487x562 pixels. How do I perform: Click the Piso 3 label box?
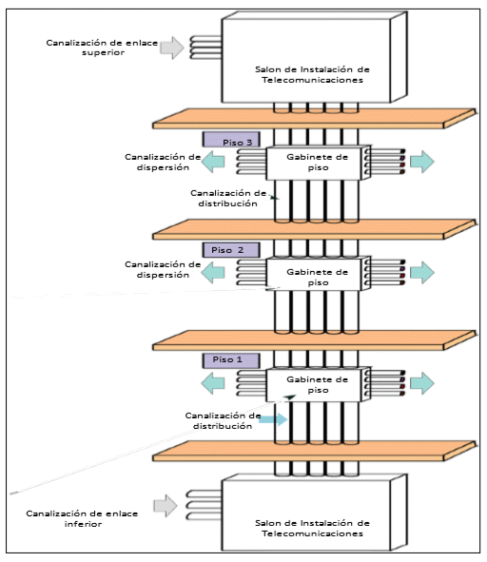point(231,140)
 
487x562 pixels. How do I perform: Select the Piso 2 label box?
point(231,250)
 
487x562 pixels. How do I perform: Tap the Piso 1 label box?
point(231,360)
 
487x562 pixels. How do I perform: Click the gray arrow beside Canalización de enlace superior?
point(172,48)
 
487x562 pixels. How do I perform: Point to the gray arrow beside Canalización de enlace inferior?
point(166,506)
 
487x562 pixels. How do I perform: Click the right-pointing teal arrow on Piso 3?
point(422,162)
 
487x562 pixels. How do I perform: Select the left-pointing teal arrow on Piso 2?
point(213,272)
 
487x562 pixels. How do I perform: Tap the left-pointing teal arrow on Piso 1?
point(213,383)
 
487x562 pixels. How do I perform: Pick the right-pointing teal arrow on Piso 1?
point(422,383)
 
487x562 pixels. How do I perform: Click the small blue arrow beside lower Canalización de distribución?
point(273,419)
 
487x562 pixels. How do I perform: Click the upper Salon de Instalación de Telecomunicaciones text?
point(312,74)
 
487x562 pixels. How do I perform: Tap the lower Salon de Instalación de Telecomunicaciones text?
point(312,528)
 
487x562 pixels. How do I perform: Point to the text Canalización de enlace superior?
point(102,48)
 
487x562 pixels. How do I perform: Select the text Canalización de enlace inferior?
point(82,518)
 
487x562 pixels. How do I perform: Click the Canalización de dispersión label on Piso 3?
point(163,162)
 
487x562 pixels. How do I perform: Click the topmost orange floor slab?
point(315,119)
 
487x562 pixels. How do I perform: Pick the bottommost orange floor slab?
point(315,451)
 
